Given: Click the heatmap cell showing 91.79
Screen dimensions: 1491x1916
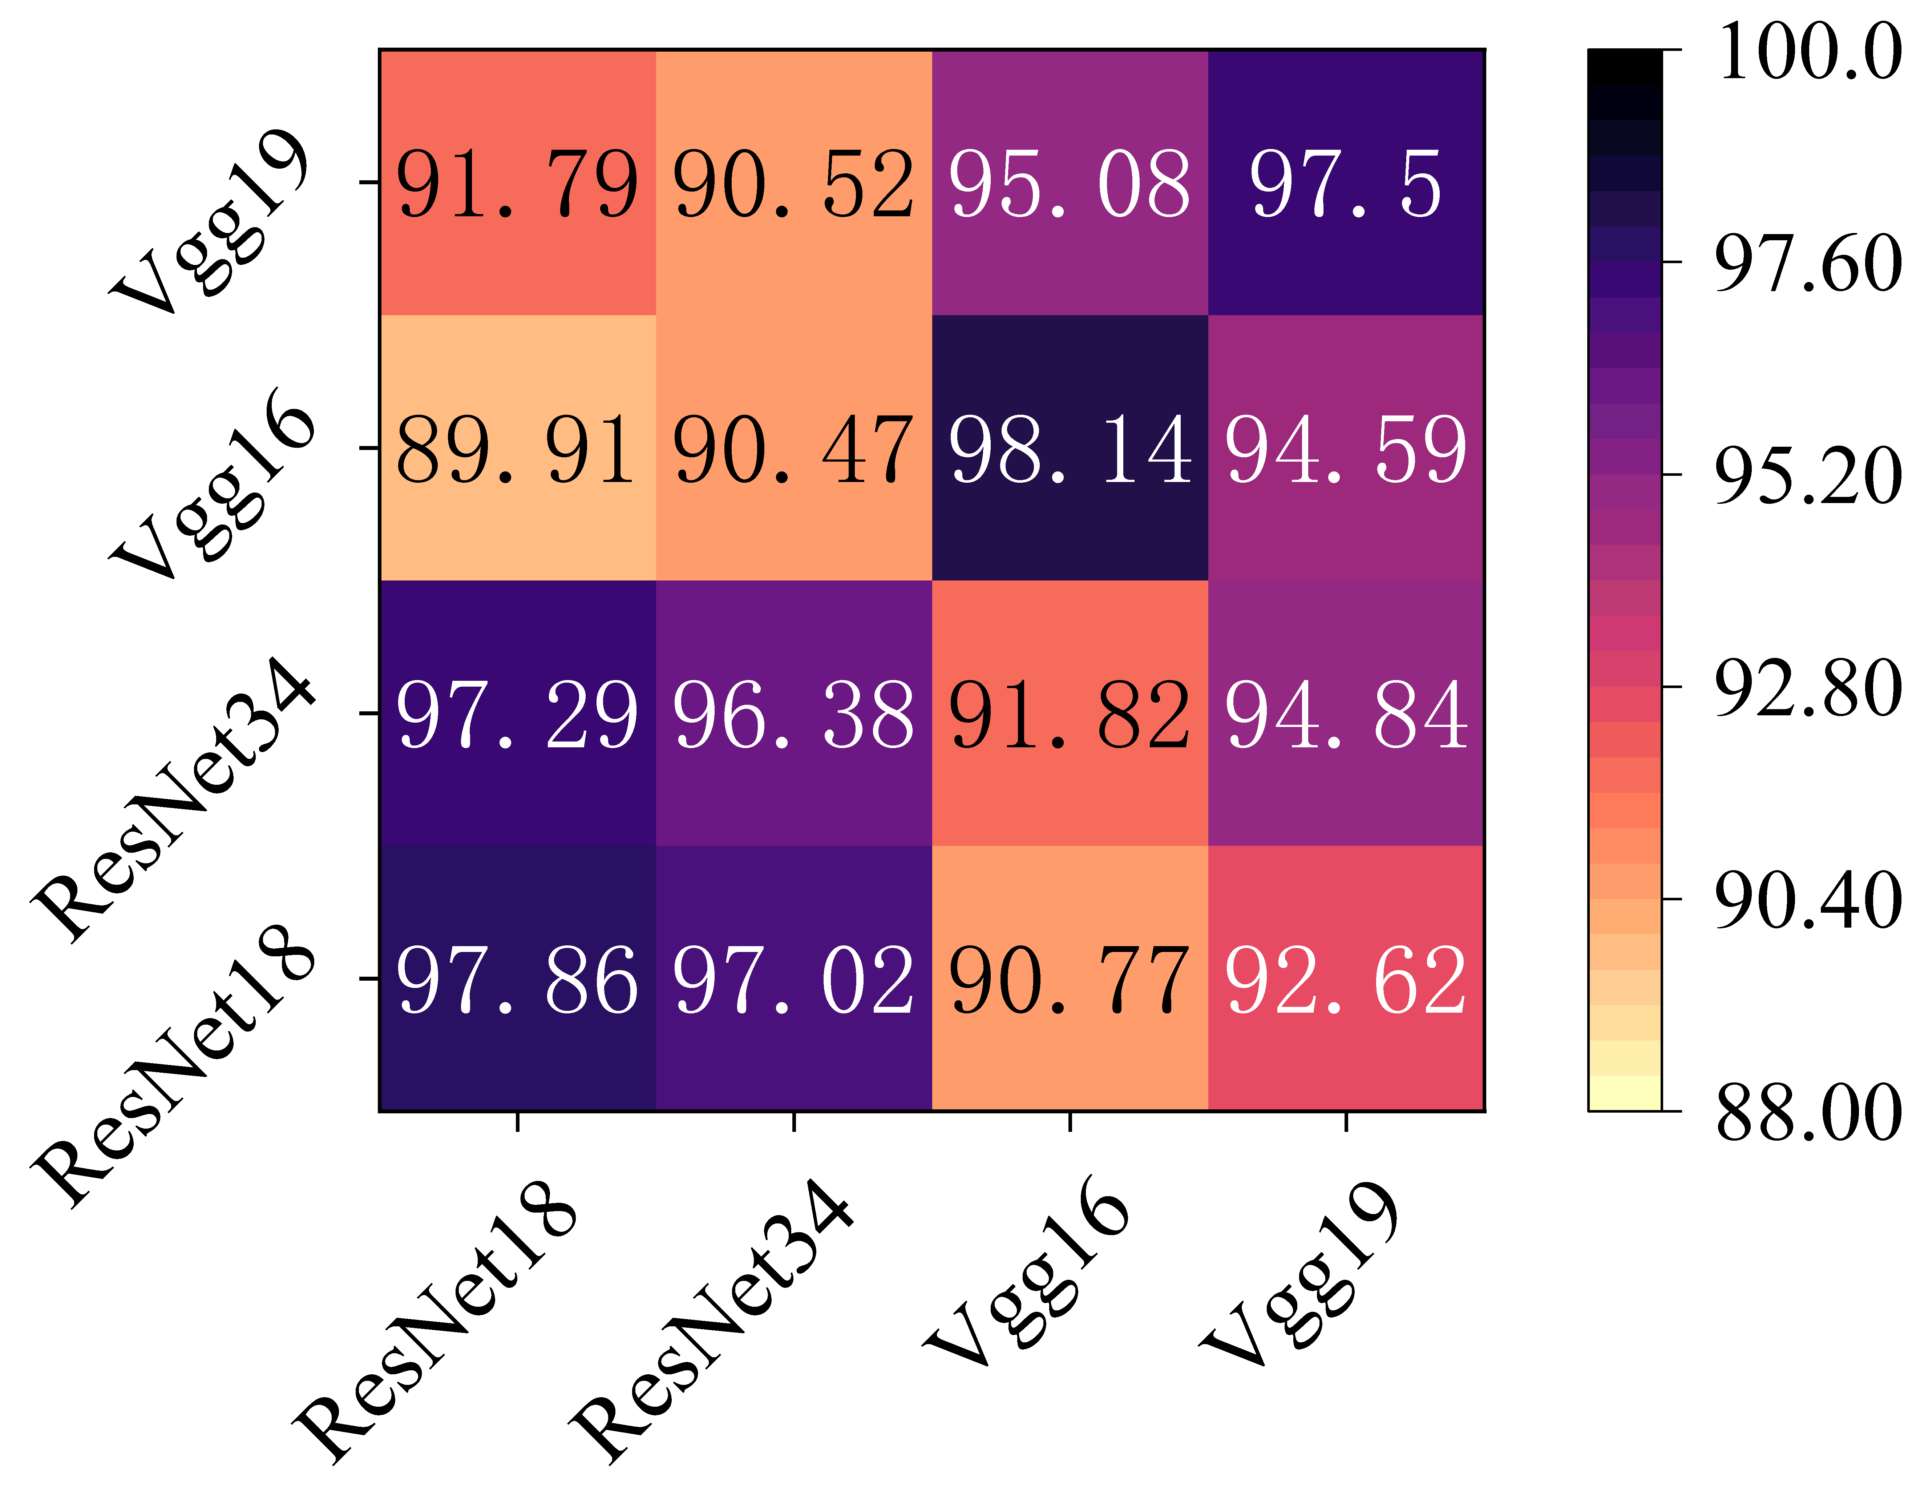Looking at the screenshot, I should (518, 182).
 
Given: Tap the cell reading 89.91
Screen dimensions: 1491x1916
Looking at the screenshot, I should (518, 449).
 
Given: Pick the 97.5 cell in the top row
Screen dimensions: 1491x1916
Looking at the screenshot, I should (1346, 182).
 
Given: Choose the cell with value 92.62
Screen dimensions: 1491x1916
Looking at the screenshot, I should (1346, 978).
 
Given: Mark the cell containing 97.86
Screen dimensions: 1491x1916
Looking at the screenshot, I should (518, 978).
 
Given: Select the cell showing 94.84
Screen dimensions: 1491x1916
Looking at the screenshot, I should (1346, 714).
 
